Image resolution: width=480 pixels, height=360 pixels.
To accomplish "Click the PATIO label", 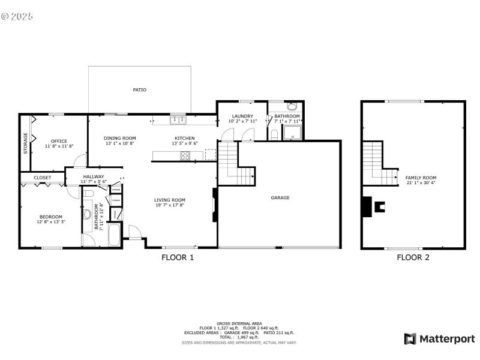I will pyautogui.click(x=139, y=90).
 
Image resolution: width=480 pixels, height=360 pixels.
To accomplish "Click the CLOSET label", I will pyautogui.click(x=42, y=178).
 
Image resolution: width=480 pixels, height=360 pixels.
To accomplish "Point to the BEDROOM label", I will pyautogui.click(x=51, y=217).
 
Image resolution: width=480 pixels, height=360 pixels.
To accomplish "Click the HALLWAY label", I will pyautogui.click(x=94, y=176).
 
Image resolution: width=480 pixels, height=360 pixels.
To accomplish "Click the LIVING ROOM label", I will pyautogui.click(x=170, y=200).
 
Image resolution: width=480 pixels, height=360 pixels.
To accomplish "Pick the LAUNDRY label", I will pyautogui.click(x=242, y=116).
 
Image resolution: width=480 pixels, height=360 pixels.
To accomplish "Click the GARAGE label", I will pyautogui.click(x=280, y=197).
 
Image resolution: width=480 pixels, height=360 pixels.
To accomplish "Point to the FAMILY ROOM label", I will pyautogui.click(x=421, y=178).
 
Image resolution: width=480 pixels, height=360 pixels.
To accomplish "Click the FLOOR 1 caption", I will pyautogui.click(x=178, y=257).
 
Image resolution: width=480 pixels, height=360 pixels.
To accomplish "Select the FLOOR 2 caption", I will pyautogui.click(x=413, y=257).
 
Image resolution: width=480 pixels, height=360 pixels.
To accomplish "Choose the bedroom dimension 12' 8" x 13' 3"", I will pyautogui.click(x=51, y=222).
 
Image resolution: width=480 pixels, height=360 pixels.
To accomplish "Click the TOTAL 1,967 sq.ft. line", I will pyautogui.click(x=239, y=337).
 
